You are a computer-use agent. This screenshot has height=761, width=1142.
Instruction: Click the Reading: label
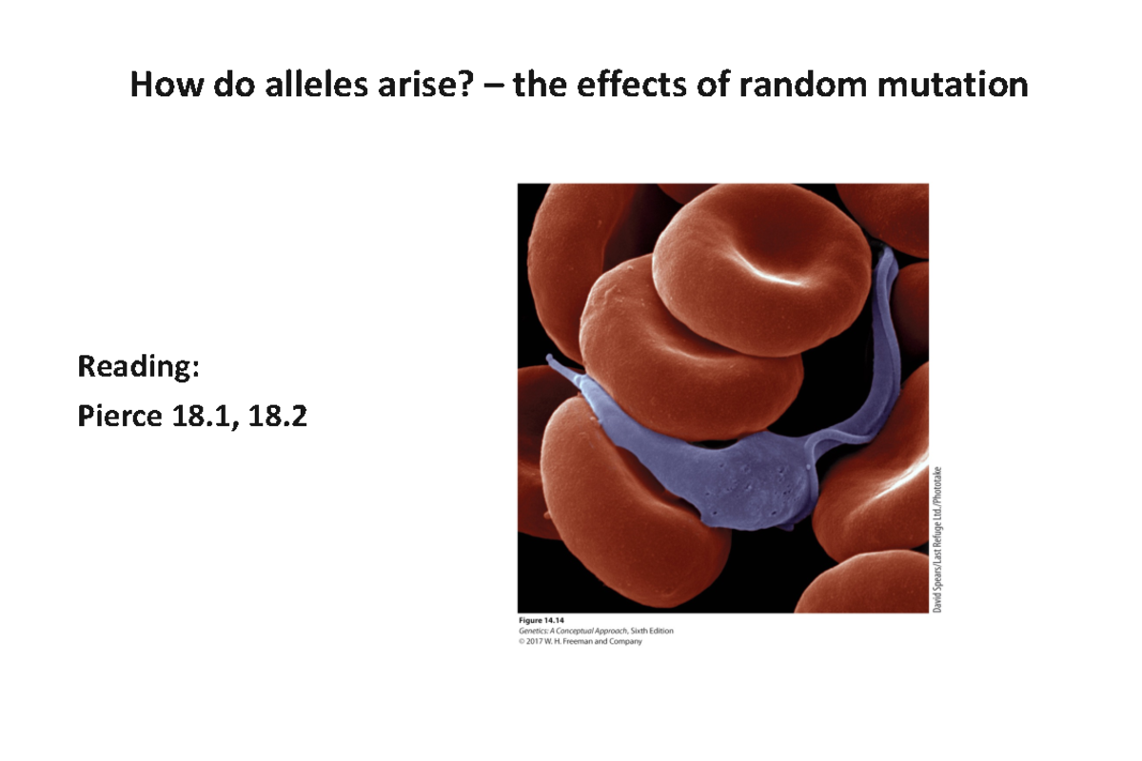tap(139, 367)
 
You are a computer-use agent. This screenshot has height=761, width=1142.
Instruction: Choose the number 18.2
tap(276, 416)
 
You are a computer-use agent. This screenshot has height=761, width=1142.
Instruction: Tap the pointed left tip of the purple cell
tap(549, 360)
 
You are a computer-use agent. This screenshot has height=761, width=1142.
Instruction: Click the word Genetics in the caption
tap(534, 632)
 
